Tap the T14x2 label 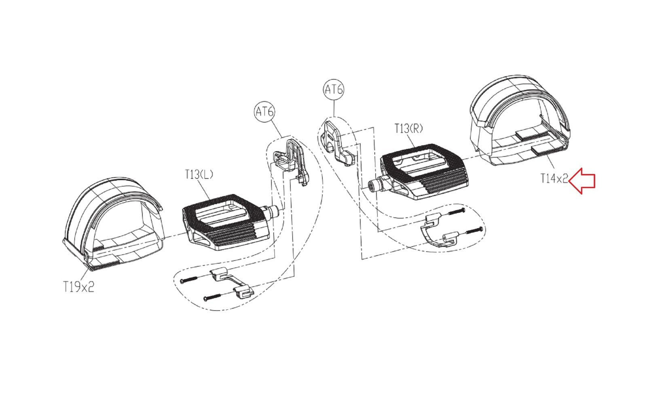click(x=554, y=178)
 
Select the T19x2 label click(x=78, y=287)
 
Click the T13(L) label click(x=199, y=175)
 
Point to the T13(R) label click(x=408, y=128)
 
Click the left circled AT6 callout click(x=264, y=111)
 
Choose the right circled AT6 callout click(x=334, y=90)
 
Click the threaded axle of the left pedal click(x=271, y=211)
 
